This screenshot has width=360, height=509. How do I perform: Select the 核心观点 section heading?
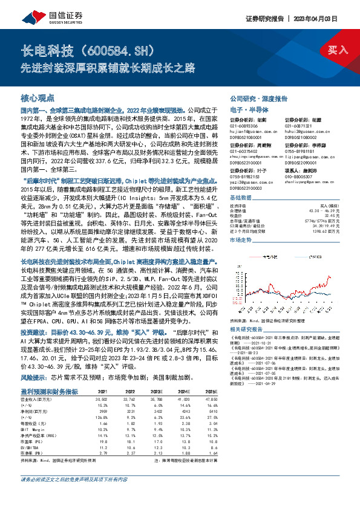[38, 97]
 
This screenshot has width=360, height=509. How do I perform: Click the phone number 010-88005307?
[299, 177]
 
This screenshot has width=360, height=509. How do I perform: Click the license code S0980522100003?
[252, 189]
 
